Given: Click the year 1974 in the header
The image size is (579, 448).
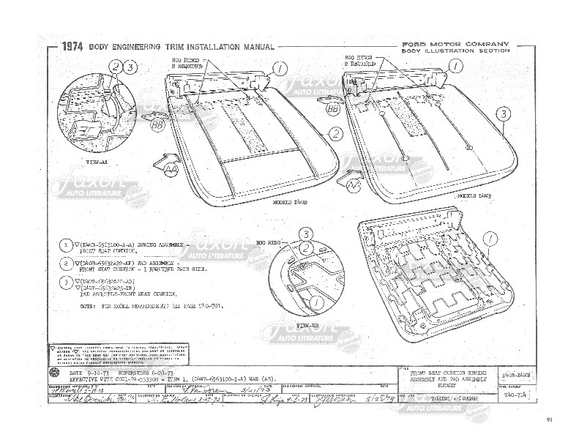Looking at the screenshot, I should (72, 47).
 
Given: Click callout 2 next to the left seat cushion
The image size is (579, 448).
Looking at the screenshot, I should (335, 133).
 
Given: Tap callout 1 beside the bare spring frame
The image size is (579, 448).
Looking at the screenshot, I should (490, 236).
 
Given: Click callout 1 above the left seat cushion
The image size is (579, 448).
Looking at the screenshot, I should (280, 69).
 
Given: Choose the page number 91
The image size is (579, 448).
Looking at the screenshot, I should (550, 419).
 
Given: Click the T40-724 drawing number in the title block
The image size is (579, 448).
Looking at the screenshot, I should (517, 392).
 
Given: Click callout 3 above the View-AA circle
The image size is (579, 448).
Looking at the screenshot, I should (129, 67).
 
